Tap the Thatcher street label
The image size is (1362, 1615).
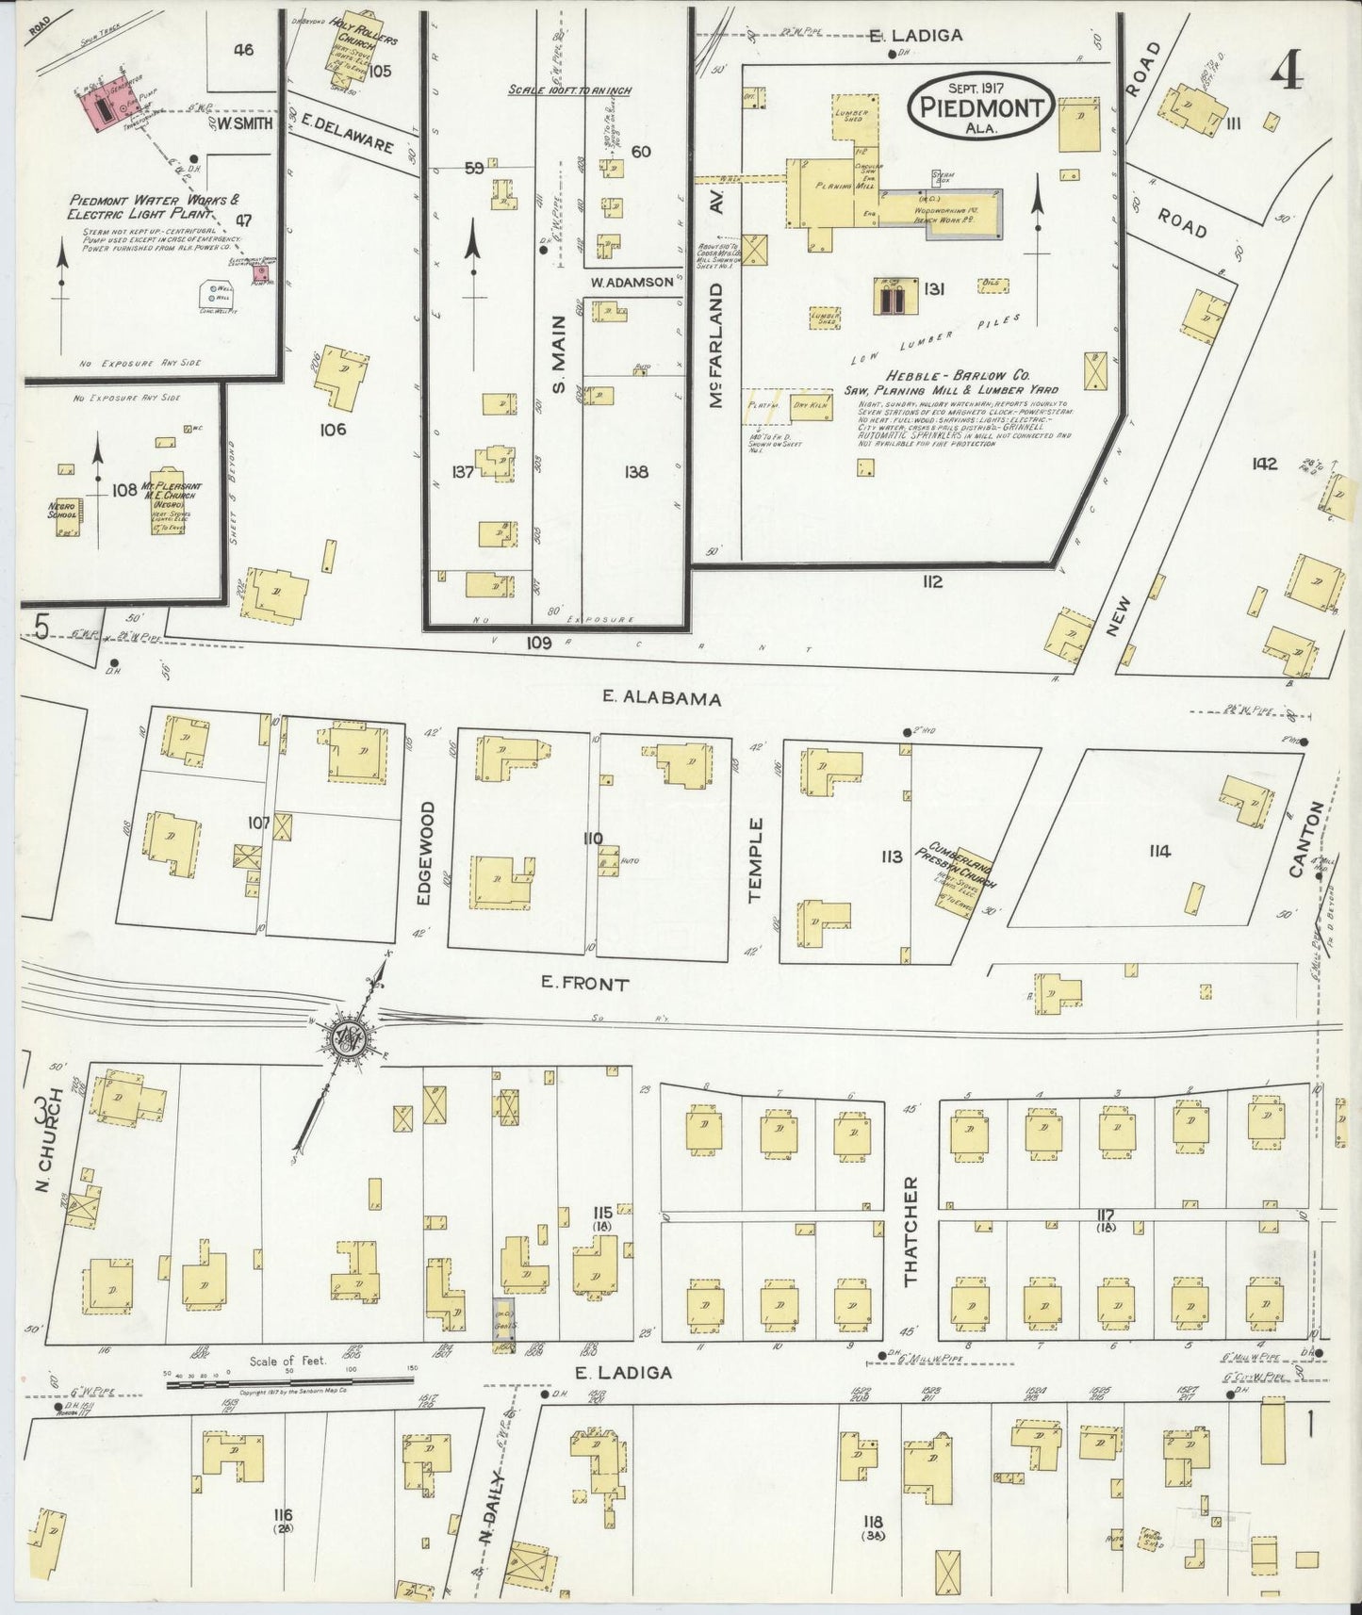point(911,1232)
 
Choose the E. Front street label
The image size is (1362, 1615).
point(583,985)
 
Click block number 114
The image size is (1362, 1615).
point(1159,852)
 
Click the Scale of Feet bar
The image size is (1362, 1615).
point(289,1381)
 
